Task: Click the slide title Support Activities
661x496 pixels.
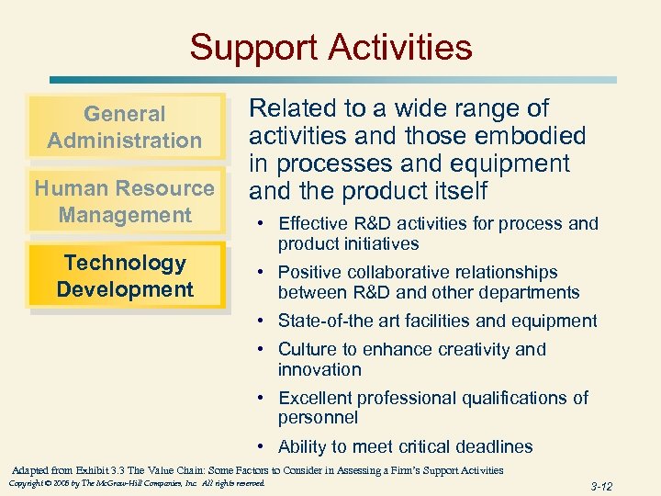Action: (x=330, y=47)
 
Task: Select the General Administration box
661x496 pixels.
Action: (x=125, y=127)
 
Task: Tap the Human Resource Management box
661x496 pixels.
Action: (x=125, y=201)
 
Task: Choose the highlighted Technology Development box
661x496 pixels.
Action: (x=125, y=276)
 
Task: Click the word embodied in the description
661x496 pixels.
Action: (x=532, y=136)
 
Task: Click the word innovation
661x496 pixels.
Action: (x=319, y=370)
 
